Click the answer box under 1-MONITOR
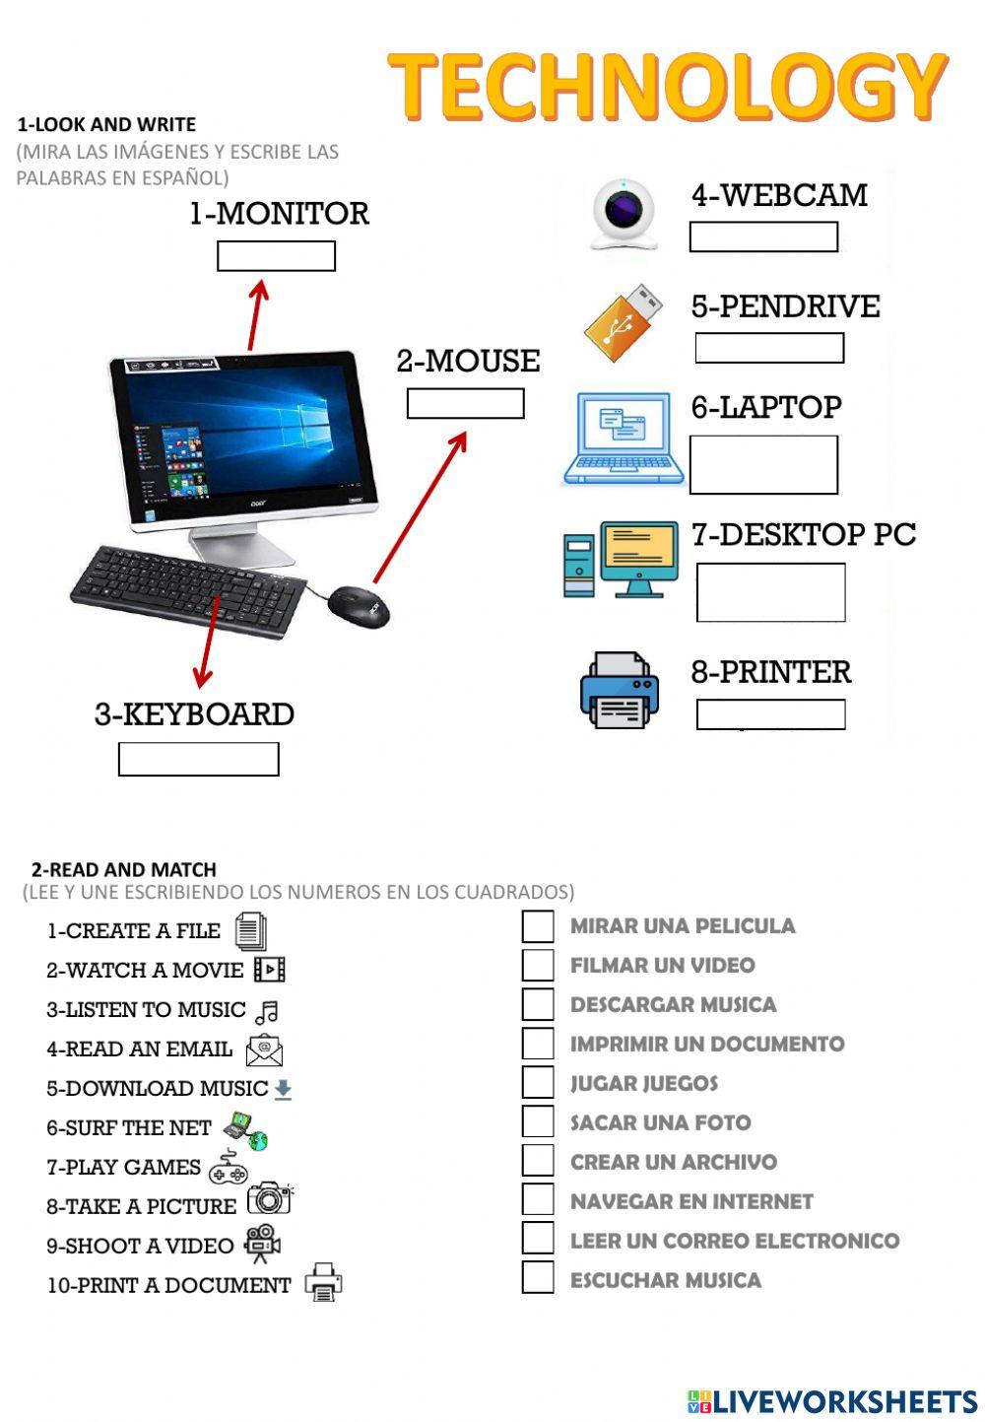click(276, 256)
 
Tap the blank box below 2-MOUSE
click(465, 404)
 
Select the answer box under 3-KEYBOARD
click(198, 759)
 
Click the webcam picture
click(624, 214)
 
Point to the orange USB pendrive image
click(623, 321)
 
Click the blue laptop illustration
click(623, 440)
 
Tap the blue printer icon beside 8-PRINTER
click(619, 690)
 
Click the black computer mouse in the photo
click(360, 605)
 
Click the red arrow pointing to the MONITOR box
click(257, 315)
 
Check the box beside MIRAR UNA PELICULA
click(538, 926)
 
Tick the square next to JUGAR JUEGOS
click(538, 1082)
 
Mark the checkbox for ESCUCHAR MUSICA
click(538, 1278)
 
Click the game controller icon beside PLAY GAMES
click(229, 1167)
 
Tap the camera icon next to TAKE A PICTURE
click(269, 1198)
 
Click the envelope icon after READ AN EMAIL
click(264, 1050)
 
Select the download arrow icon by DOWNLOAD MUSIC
click(283, 1089)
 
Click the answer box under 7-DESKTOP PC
click(770, 592)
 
